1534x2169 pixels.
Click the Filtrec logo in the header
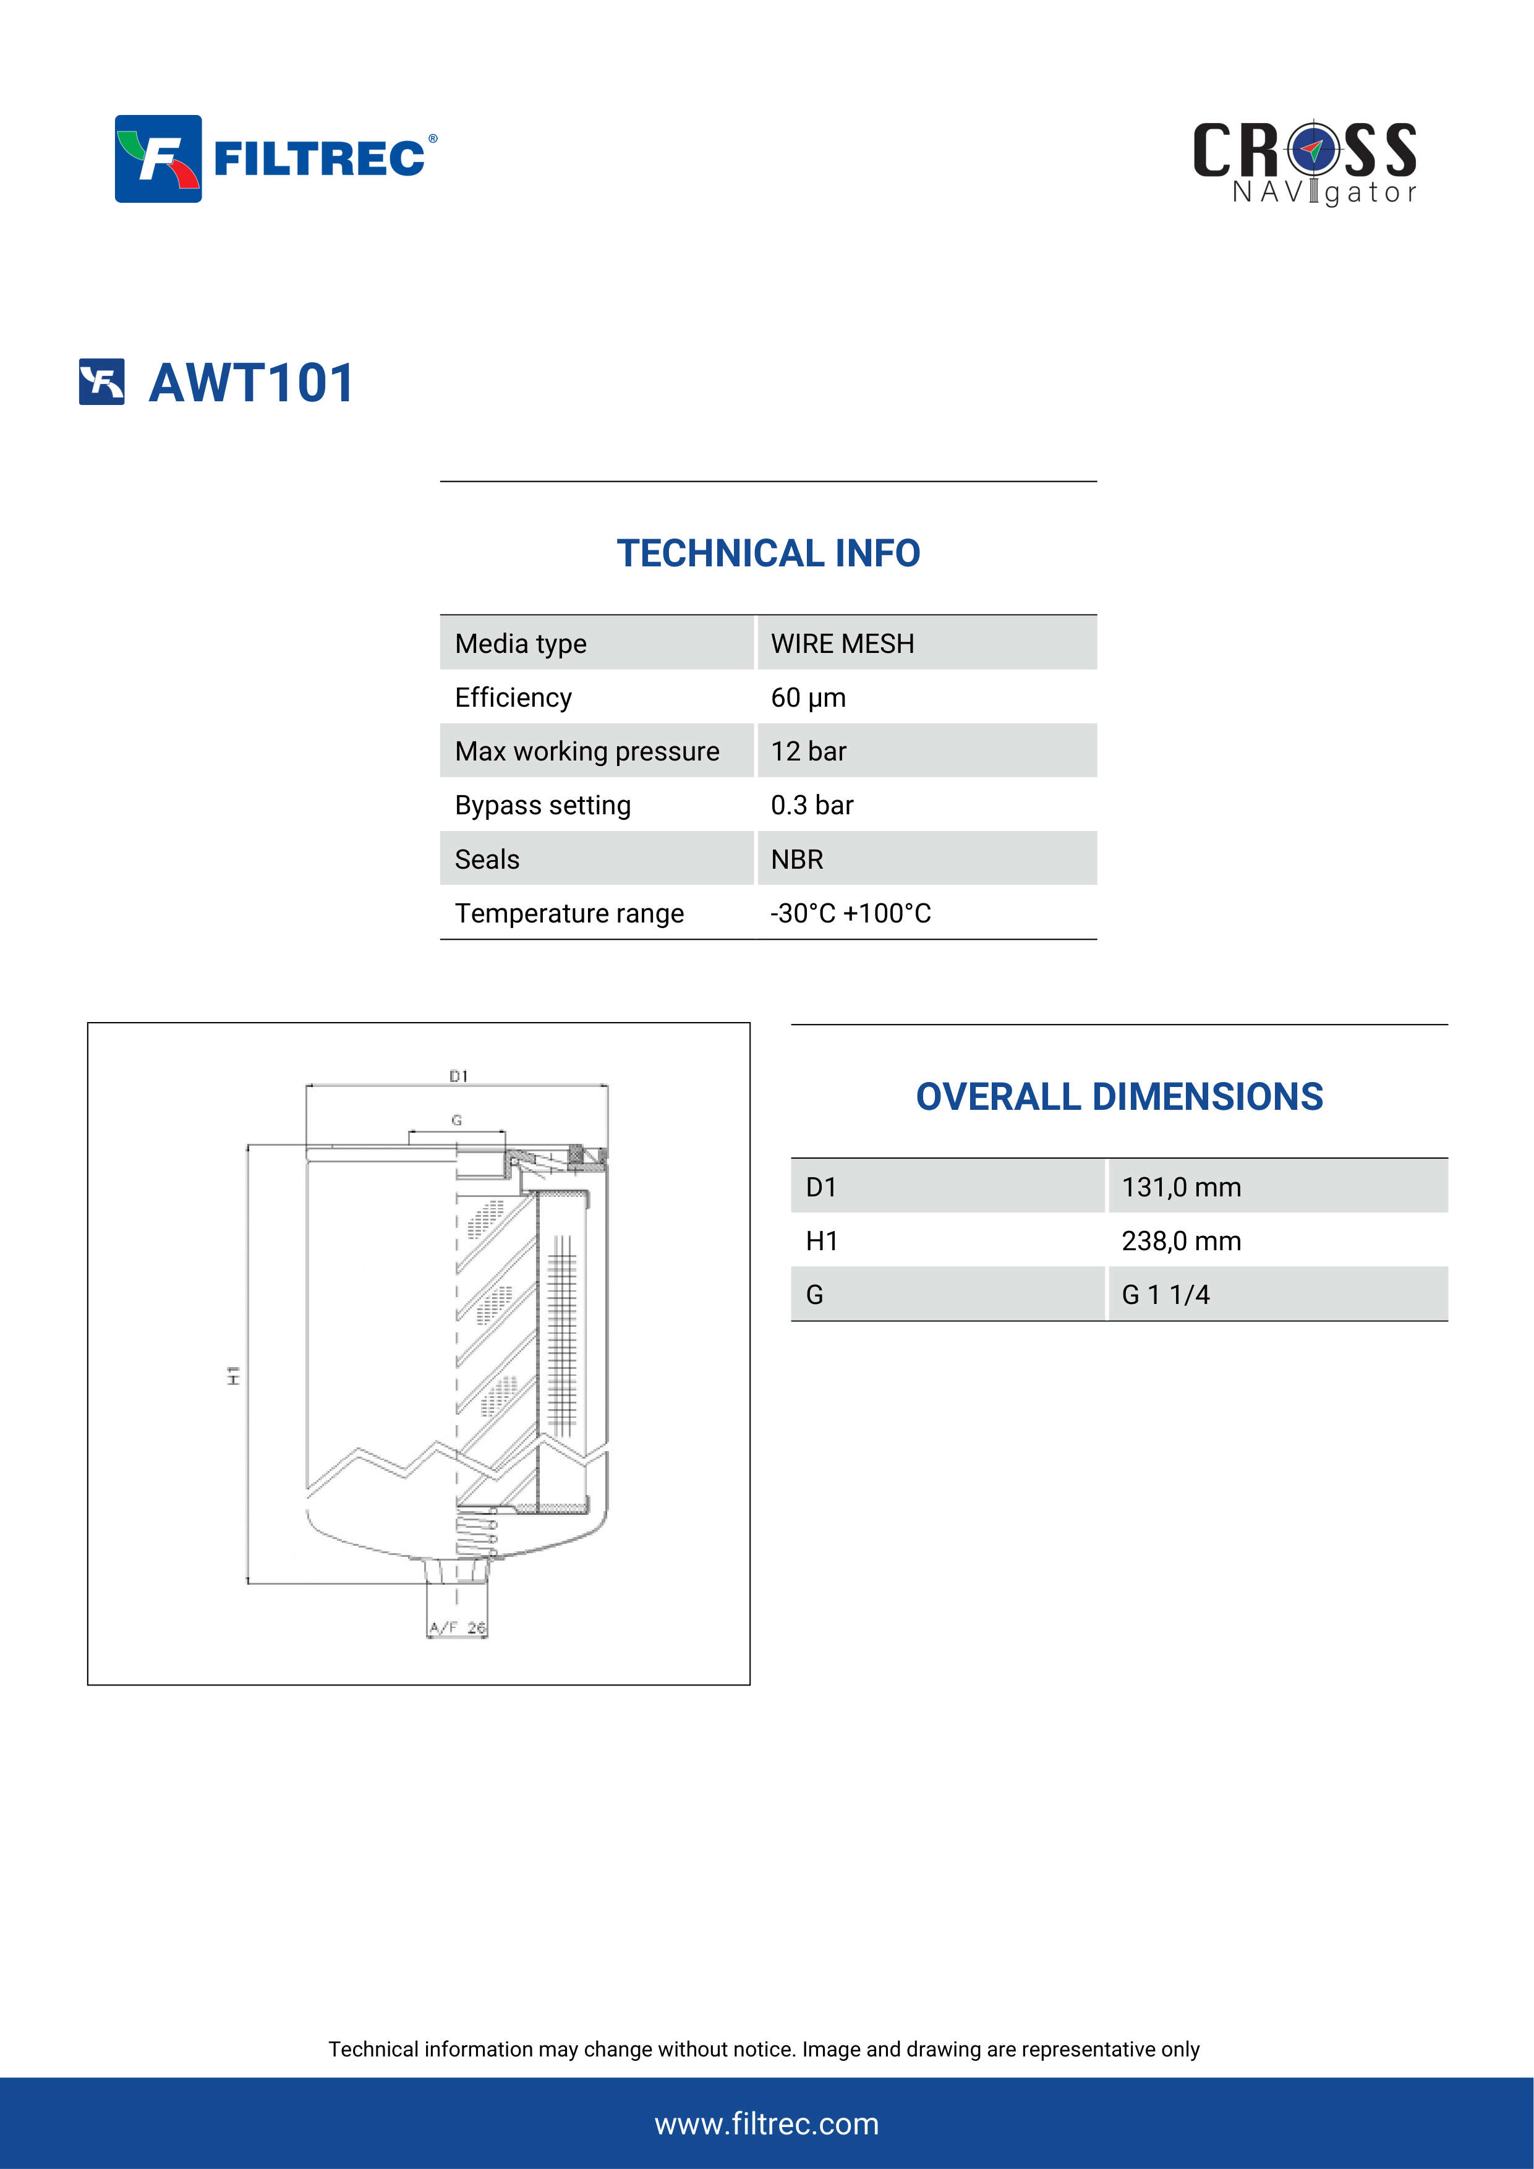276,159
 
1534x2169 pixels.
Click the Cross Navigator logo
1305,163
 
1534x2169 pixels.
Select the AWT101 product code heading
251,383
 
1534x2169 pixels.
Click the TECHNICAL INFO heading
768,553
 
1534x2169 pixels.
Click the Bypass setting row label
542,805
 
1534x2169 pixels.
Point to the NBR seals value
797,859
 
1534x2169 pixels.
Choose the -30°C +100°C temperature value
850,913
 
